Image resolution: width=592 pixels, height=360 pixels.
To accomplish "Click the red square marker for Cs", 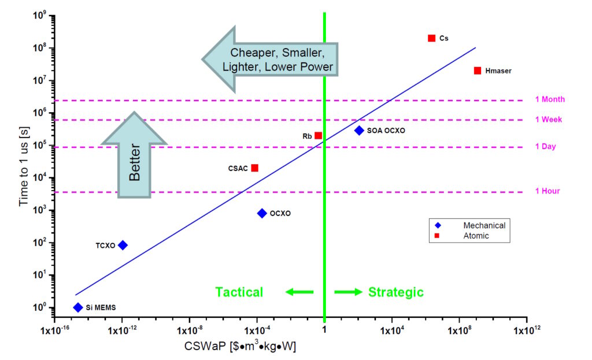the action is tap(431, 38).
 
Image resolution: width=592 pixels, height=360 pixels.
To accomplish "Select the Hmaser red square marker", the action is tap(478, 70).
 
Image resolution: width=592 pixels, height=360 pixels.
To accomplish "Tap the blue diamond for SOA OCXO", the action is tap(359, 131).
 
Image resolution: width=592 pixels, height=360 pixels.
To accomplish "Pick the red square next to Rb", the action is tap(319, 135).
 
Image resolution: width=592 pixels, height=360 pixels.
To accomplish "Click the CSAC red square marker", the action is tap(255, 168).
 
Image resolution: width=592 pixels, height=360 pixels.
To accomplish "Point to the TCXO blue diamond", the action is tap(123, 245).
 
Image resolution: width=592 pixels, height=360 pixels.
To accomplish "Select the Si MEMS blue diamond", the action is tap(78, 307).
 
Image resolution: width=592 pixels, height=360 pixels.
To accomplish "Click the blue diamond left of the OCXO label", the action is tap(262, 213).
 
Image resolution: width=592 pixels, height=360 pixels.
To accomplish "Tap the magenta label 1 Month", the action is tap(550, 99).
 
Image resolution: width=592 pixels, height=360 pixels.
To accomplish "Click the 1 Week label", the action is tap(549, 120).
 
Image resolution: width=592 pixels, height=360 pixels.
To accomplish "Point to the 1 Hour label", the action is tap(547, 191).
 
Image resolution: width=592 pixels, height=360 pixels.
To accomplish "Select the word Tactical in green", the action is tap(239, 292).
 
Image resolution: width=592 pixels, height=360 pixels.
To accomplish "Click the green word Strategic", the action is tap(396, 292).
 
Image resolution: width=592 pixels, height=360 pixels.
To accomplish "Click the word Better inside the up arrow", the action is tap(135, 162).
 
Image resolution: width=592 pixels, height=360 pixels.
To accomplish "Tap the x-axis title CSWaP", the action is tap(205, 346).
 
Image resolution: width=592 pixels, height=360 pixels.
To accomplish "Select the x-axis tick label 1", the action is tap(324, 330).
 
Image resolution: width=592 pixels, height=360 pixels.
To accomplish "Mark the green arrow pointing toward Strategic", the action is tap(348, 292).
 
